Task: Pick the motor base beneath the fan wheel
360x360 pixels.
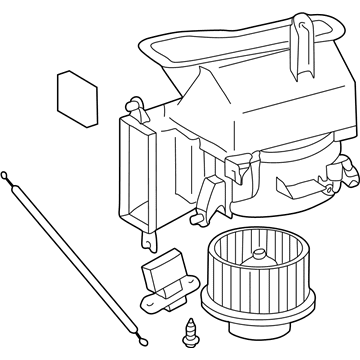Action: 245,326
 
